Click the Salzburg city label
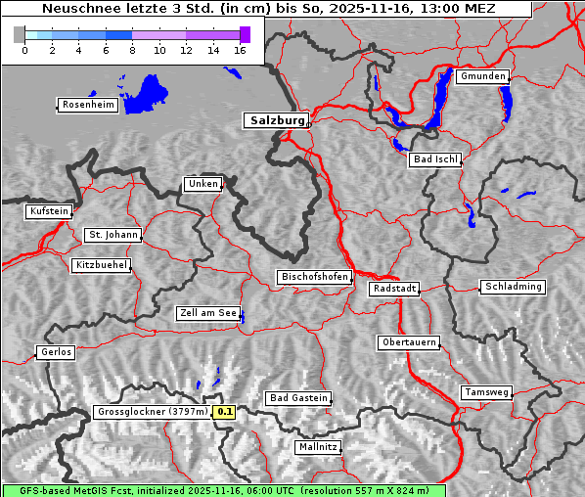pyautogui.click(x=276, y=120)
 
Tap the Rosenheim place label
pyautogui.click(x=87, y=105)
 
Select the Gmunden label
pyautogui.click(x=482, y=76)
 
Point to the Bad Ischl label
pyautogui.click(x=435, y=159)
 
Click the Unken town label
pyautogui.click(x=202, y=184)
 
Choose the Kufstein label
pyautogui.click(x=49, y=211)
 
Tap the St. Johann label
pyautogui.click(x=112, y=235)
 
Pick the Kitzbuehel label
pyautogui.click(x=101, y=265)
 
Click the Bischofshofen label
pyautogui.click(x=314, y=278)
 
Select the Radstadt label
pyautogui.click(x=394, y=289)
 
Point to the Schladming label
pyautogui.click(x=512, y=287)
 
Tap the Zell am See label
pyautogui.click(x=208, y=313)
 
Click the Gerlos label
pyautogui.click(x=56, y=352)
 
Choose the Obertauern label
pyautogui.click(x=409, y=342)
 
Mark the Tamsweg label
pyautogui.click(x=486, y=392)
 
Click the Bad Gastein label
pyautogui.click(x=298, y=398)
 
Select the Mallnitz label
pyautogui.click(x=318, y=447)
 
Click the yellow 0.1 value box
pyautogui.click(x=225, y=412)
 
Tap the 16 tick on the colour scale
pyautogui.click(x=240, y=51)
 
